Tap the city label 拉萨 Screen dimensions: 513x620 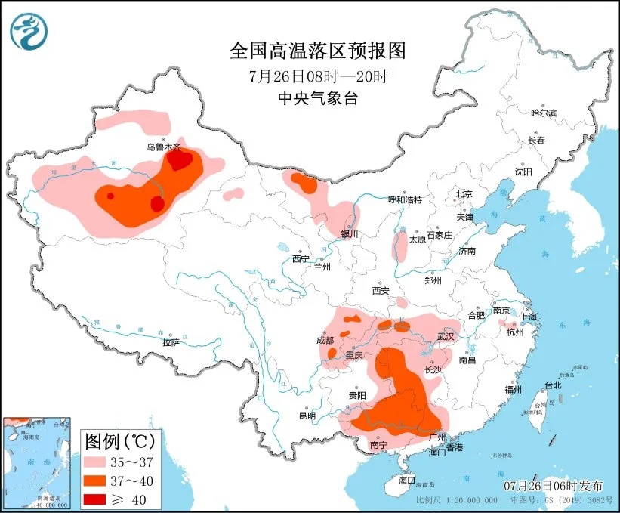tap(171, 342)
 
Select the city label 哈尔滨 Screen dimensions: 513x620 tap(543, 113)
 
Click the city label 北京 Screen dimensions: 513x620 tap(464, 194)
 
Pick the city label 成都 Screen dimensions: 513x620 tap(325, 341)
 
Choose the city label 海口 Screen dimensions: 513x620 tap(407, 480)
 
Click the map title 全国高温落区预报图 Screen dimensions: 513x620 tap(317, 51)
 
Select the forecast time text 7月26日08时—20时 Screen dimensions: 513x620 tap(318, 76)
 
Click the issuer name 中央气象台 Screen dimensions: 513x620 tap(317, 97)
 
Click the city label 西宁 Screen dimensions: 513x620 tap(301, 259)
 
